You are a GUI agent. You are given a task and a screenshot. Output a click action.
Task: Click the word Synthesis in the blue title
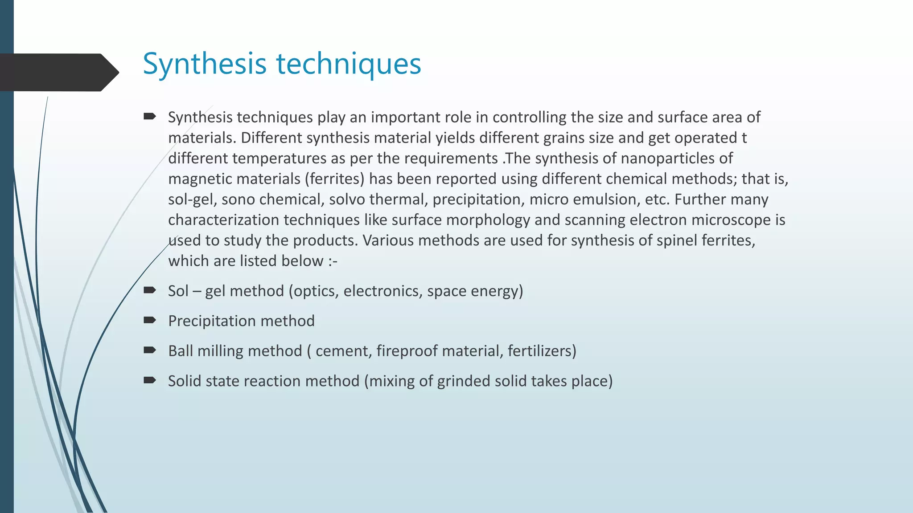205,64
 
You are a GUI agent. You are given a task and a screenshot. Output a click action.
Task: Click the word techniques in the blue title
349,64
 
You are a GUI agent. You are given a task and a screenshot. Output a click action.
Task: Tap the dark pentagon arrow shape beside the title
58,72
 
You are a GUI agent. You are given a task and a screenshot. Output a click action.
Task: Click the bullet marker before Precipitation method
149,320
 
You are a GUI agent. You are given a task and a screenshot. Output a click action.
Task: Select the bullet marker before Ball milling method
149,350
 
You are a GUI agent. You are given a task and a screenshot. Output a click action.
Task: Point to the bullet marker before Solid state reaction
149,380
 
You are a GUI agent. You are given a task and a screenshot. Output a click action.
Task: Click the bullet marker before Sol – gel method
149,290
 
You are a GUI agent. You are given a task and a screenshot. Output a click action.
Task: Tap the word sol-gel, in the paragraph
193,199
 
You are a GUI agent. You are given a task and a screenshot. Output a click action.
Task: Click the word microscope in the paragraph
731,220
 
